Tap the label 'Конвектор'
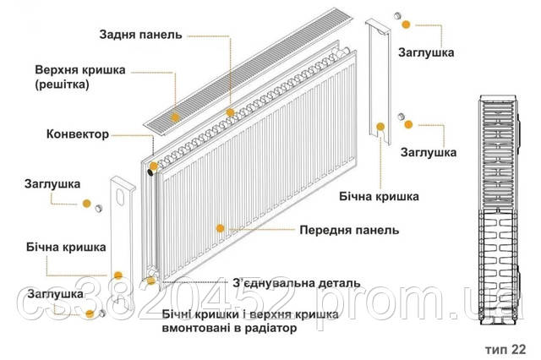(x=78, y=134)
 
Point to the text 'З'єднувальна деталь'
(x=297, y=282)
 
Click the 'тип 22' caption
(x=505, y=347)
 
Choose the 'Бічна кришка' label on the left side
(x=65, y=248)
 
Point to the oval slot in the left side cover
(x=125, y=199)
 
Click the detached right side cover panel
(x=378, y=93)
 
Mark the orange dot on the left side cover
(x=118, y=275)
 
